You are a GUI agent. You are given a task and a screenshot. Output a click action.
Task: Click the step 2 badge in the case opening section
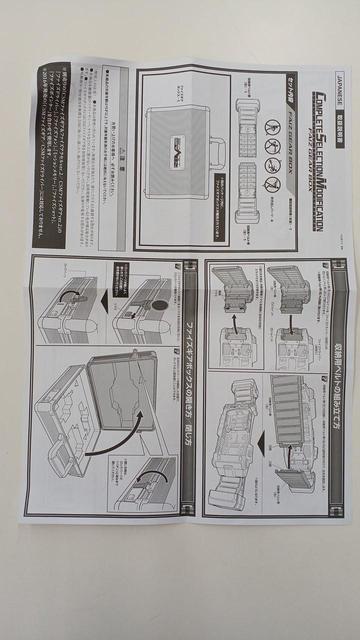point(176,351)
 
